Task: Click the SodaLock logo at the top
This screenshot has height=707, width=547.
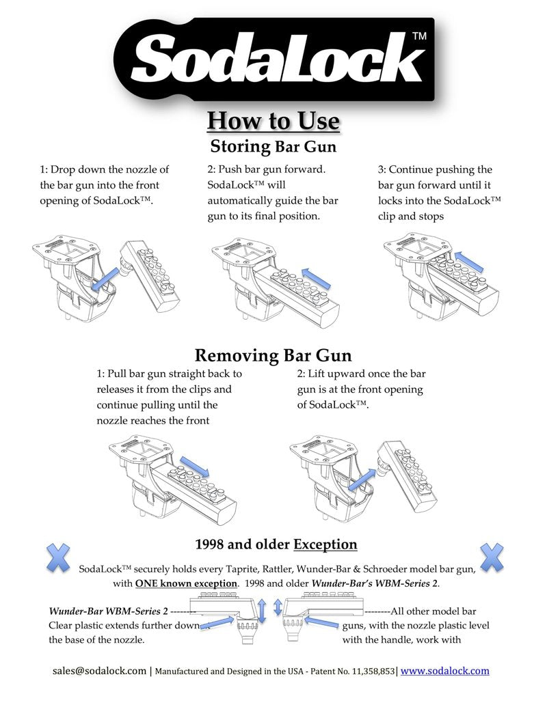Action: coord(274,59)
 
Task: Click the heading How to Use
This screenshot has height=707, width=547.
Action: coord(273,121)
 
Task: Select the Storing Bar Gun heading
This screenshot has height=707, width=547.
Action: coord(273,146)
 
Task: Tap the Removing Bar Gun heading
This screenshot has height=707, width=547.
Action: coord(273,355)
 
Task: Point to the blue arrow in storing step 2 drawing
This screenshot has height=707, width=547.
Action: coord(316,278)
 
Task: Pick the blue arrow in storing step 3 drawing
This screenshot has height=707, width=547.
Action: coord(469,262)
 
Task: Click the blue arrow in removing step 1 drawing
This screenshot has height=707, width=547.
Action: coord(194,467)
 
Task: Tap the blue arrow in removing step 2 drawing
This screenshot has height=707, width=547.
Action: coord(362,480)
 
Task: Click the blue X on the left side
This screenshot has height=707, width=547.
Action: coord(58,558)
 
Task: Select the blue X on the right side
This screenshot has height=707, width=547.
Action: coord(492,558)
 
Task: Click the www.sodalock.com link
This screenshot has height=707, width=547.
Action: coord(444,671)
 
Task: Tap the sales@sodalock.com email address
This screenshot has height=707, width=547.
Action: coord(99,671)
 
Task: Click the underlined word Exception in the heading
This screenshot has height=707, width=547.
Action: coord(325,544)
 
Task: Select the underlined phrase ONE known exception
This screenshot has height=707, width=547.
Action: coord(186,583)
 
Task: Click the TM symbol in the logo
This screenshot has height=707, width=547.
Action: coord(419,36)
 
